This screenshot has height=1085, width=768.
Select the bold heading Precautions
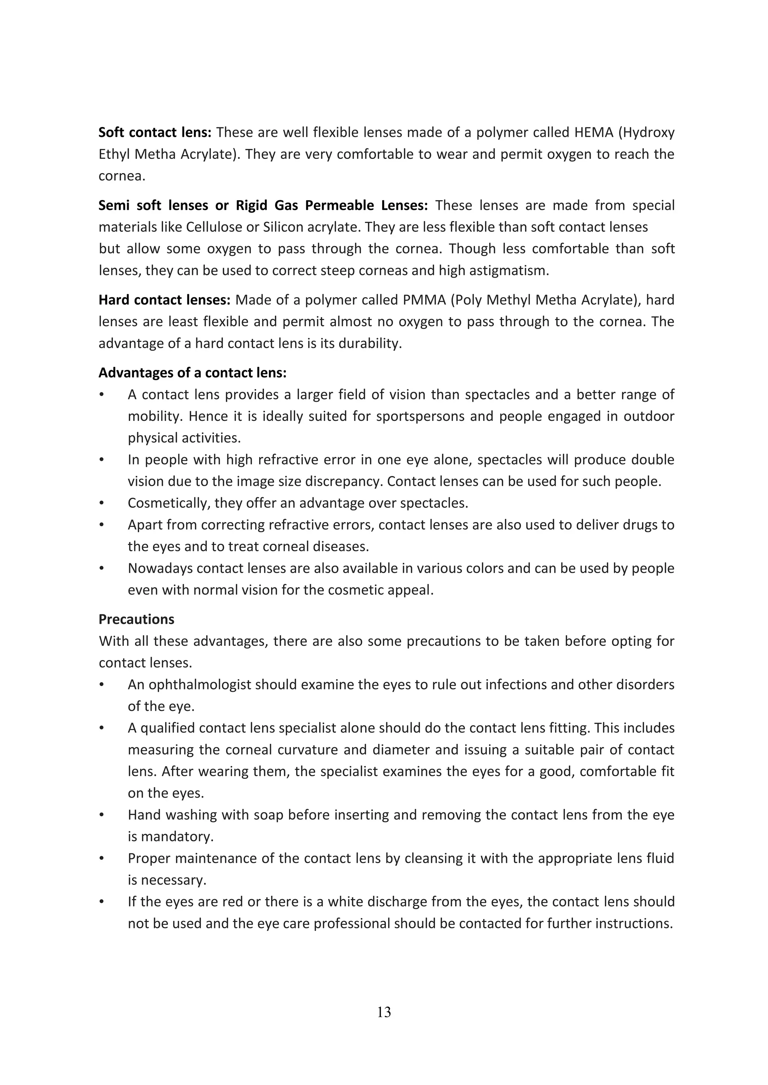136,619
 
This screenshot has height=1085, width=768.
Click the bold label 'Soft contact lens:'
154,132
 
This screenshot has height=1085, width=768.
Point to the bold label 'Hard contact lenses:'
164,300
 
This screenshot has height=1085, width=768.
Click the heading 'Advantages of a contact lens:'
192,373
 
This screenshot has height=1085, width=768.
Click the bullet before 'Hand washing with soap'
101,815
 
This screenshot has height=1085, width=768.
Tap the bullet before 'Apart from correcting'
101,525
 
